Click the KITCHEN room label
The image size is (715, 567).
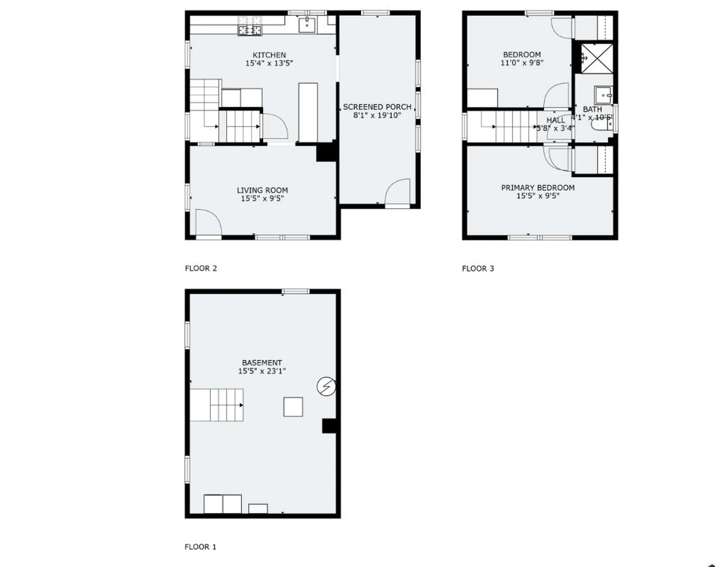click(269, 55)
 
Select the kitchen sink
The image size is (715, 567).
click(307, 25)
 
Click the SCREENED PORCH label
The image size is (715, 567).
click(377, 107)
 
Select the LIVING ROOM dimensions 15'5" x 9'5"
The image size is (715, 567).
click(262, 199)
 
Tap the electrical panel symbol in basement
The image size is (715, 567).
click(326, 386)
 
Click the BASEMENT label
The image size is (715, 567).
click(262, 363)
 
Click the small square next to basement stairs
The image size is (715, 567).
click(293, 407)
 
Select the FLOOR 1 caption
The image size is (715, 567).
click(200, 547)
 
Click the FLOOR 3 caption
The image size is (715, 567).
click(478, 268)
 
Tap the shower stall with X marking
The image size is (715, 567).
click(597, 58)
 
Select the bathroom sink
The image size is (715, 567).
click(603, 95)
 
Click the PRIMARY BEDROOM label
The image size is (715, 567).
click(537, 188)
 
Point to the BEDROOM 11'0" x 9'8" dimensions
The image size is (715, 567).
click(522, 63)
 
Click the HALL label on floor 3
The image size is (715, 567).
click(555, 120)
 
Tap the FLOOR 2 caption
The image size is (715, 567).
click(201, 268)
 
